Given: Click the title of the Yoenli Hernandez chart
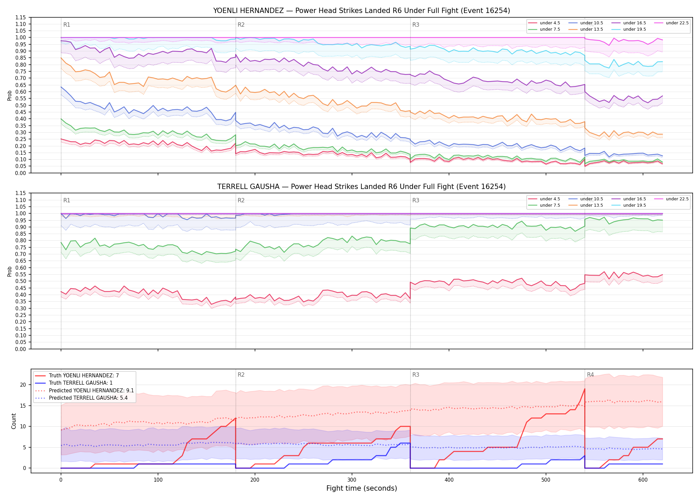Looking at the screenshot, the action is point(362,11).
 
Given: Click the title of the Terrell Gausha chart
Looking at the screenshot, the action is point(362,187).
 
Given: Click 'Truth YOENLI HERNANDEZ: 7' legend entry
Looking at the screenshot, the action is point(84,376).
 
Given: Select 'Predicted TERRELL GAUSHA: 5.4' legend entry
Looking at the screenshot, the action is point(88,398).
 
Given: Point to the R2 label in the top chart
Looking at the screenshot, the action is point(241,25).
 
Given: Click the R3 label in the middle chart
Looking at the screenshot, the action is point(416,200).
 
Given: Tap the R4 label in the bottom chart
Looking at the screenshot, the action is point(590,375).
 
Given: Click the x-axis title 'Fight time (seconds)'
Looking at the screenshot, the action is point(362,488).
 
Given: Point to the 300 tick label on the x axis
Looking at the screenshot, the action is point(352,480).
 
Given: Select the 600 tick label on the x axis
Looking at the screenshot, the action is point(643,480).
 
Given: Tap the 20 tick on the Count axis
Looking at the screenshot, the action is point(23,385).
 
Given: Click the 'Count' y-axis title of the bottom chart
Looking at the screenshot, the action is point(14,421).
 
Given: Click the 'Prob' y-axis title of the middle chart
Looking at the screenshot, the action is point(9,271).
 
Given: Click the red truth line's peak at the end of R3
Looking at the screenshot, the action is point(585,389).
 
